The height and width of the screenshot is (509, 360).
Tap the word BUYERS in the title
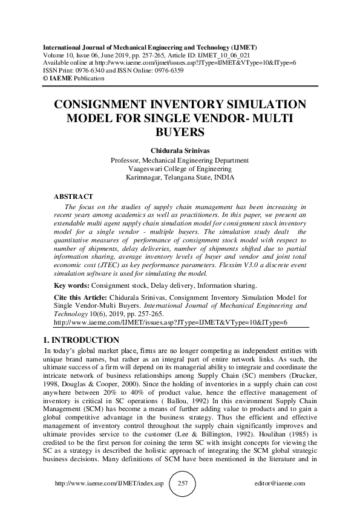[x=180, y=131]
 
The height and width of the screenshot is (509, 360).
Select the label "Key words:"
[x=70, y=284]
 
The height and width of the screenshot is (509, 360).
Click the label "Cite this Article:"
[x=80, y=297]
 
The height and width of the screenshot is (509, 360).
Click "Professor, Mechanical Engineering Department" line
[x=180, y=160]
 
